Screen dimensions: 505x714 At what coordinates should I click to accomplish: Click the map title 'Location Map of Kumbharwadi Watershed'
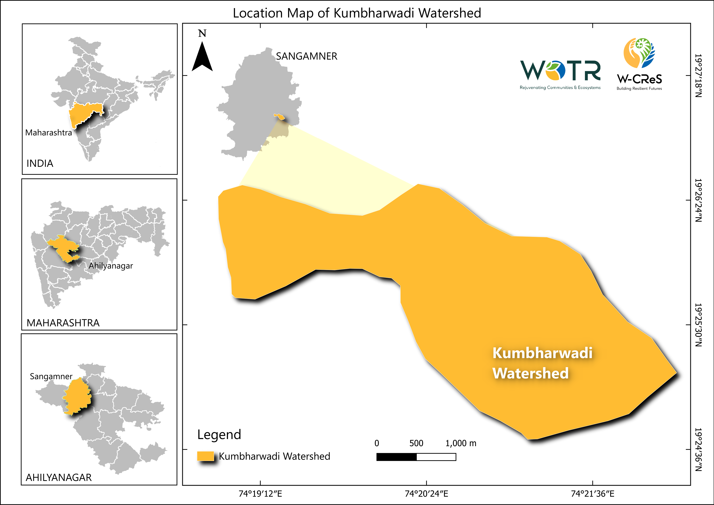point(357,13)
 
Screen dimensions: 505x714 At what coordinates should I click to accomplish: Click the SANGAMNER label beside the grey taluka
point(307,56)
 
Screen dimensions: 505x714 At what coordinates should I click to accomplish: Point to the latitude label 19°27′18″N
point(698,76)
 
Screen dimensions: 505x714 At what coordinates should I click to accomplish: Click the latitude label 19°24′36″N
point(698,449)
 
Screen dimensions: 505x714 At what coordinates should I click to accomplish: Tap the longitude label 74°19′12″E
point(260,493)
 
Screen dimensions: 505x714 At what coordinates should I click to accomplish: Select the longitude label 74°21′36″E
point(592,493)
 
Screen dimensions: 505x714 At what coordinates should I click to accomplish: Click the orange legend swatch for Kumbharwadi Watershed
point(205,456)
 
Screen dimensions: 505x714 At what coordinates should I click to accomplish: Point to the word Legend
point(219,434)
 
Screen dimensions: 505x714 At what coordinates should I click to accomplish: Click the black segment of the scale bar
point(396,457)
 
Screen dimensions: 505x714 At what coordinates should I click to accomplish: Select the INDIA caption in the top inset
point(40,163)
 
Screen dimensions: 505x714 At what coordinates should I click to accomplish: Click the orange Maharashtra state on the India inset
point(84,113)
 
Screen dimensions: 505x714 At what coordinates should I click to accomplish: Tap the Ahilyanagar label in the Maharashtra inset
point(111,266)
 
